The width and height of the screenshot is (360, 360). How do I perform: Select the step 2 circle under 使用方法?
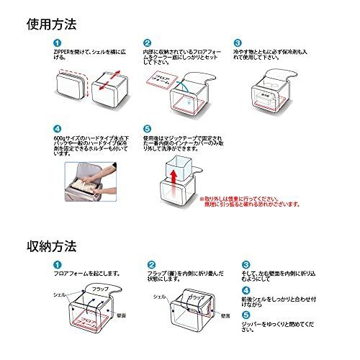(148, 43)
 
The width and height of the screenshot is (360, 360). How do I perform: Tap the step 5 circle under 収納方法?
(246, 314)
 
